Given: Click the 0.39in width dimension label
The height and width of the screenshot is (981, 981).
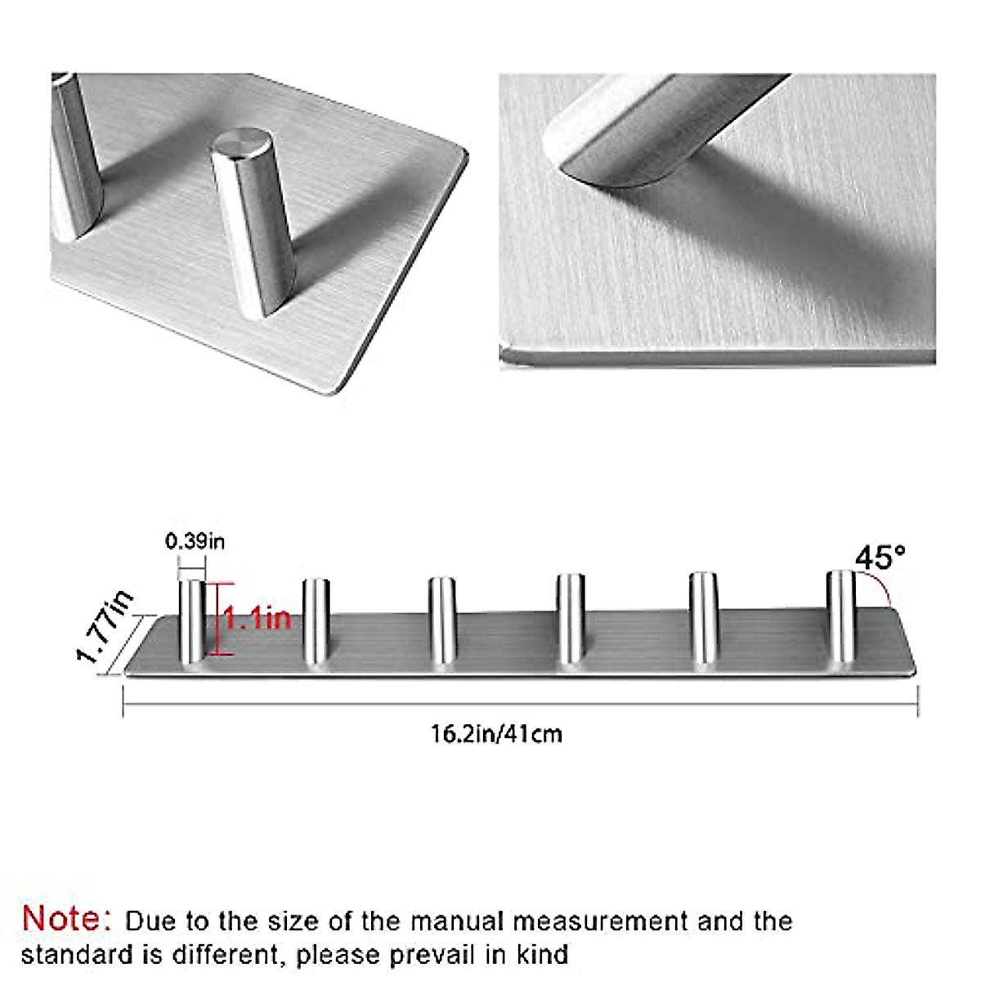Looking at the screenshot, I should (195, 541).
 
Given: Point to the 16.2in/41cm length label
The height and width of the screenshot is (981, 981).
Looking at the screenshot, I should (496, 733).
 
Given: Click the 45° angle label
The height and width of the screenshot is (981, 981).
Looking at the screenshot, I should (880, 558).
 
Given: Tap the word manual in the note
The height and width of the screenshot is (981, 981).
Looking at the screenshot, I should (455, 921).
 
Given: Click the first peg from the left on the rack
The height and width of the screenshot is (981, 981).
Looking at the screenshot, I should (193, 621).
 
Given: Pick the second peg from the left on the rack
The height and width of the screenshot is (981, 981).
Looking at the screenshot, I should (316, 621).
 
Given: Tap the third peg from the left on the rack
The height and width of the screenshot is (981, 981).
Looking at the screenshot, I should (442, 621).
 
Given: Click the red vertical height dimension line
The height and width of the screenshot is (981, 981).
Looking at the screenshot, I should (218, 619).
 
